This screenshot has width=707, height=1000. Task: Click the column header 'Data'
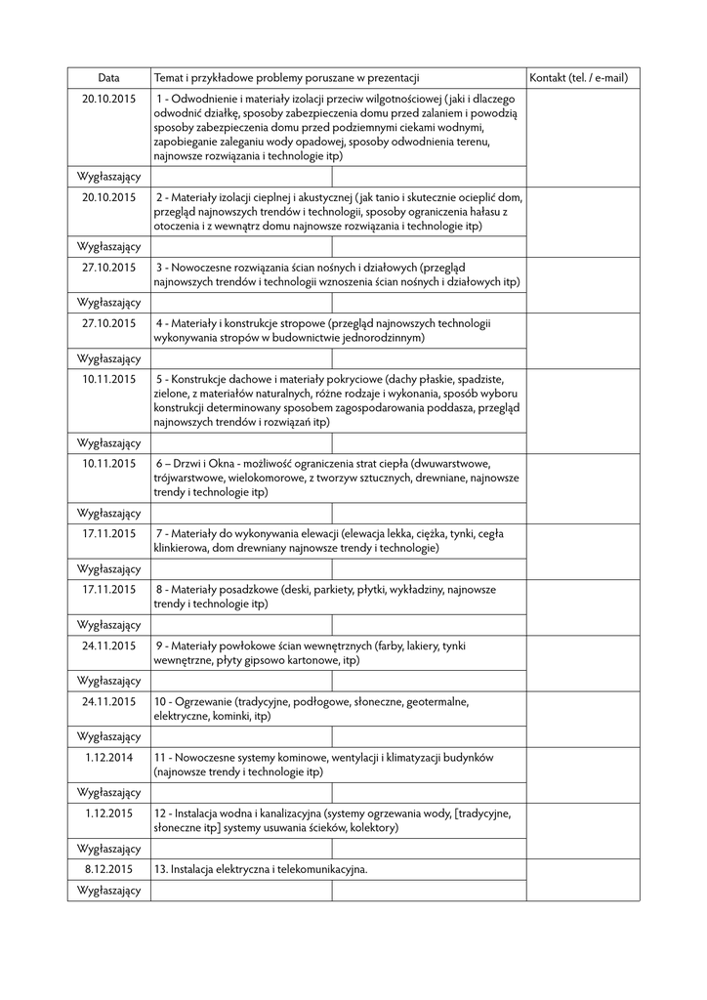(108, 78)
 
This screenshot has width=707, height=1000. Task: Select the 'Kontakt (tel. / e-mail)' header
(579, 78)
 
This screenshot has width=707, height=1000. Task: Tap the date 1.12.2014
(108, 757)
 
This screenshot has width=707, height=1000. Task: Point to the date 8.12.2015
(108, 868)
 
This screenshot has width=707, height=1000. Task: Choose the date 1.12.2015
(108, 812)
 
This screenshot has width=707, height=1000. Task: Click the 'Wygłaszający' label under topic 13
(108, 890)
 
